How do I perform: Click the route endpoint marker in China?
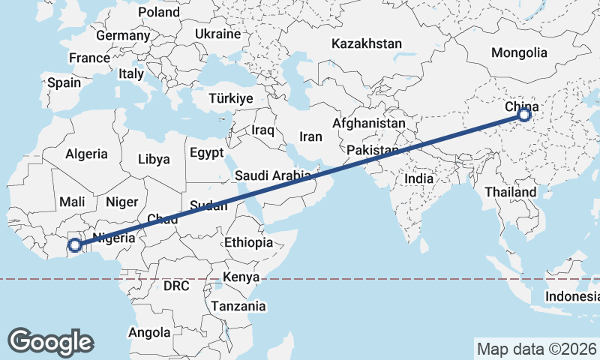coord(523,115)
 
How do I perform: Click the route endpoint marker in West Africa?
coord(75,245)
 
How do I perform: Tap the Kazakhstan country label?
coord(367,43)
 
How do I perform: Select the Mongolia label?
coord(519,52)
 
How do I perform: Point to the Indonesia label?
coord(572,296)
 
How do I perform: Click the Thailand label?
coord(510,192)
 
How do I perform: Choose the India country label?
coord(418,178)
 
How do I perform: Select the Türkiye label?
coord(231,98)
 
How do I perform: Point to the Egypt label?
coord(206,152)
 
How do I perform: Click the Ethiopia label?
coord(248,242)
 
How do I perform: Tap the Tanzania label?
coord(238,306)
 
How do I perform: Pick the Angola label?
coord(150,332)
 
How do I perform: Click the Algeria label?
coord(87,154)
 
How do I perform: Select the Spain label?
coord(64,82)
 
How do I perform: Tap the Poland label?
coord(159,12)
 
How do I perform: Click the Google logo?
coord(50,341)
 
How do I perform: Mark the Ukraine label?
coord(217,34)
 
